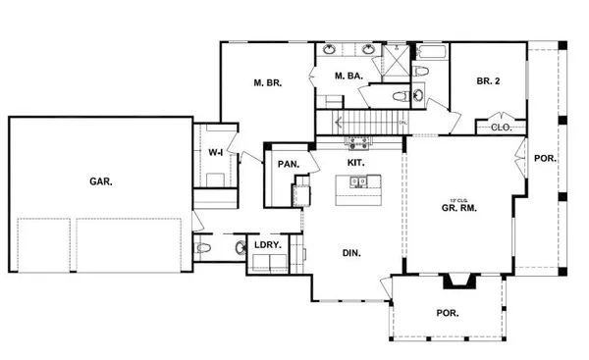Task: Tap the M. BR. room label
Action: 268,84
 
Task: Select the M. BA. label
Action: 349,77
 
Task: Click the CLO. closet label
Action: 500,127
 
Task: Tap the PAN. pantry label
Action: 287,164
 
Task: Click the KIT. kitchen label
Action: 356,161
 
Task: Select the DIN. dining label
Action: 351,252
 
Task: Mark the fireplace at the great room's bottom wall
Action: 456,283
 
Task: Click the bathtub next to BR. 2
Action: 431,50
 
